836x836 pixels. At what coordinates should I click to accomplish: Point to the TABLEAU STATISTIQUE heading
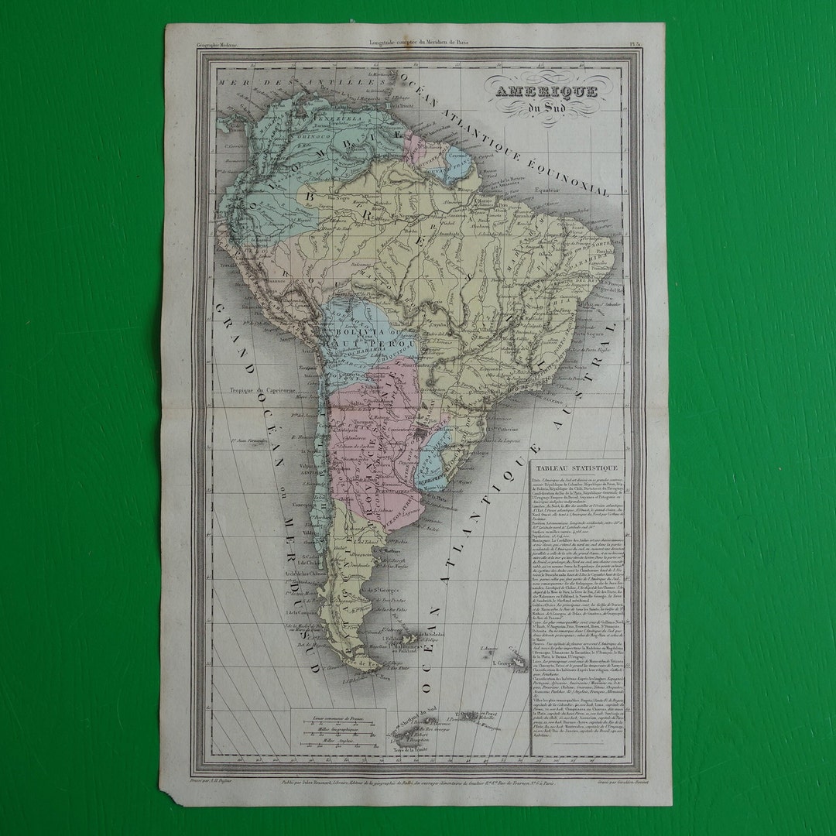pyautogui.click(x=573, y=468)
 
